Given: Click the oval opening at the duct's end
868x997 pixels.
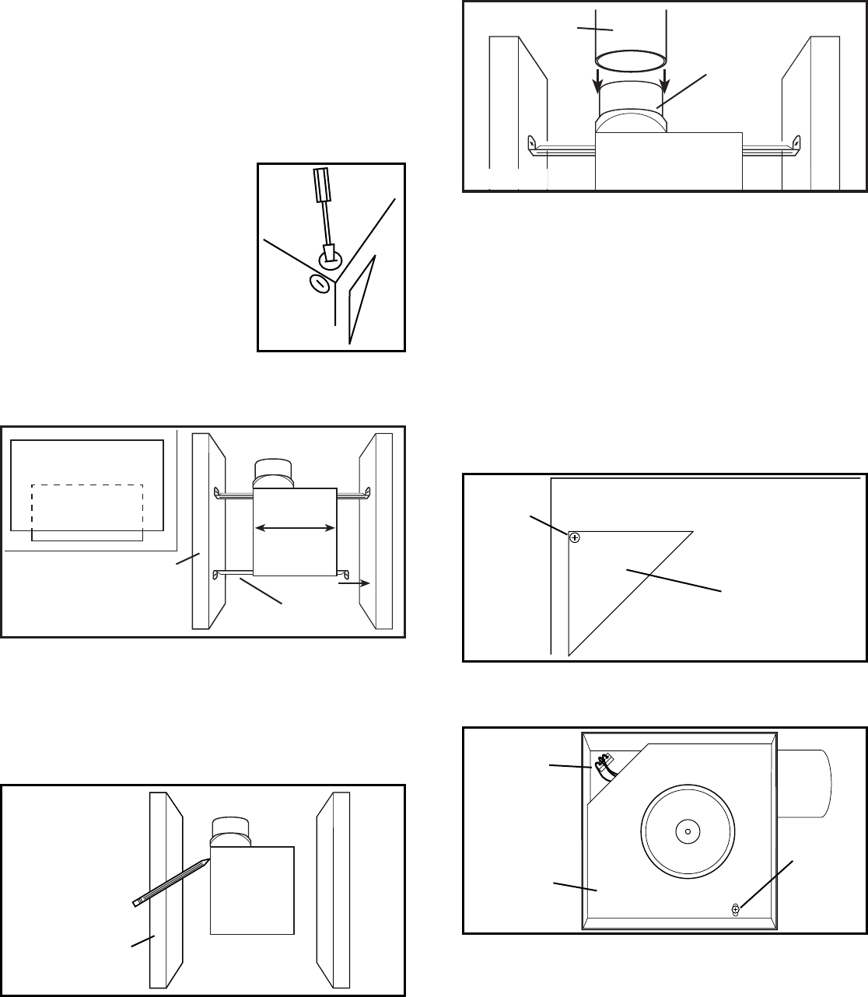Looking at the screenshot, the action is click(x=630, y=61).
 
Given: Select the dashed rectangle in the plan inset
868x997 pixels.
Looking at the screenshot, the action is click(x=86, y=508).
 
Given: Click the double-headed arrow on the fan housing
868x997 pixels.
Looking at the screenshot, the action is click(x=295, y=529).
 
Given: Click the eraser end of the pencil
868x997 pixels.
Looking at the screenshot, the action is click(x=136, y=903).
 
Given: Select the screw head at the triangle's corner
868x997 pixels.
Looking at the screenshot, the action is click(x=574, y=537).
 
